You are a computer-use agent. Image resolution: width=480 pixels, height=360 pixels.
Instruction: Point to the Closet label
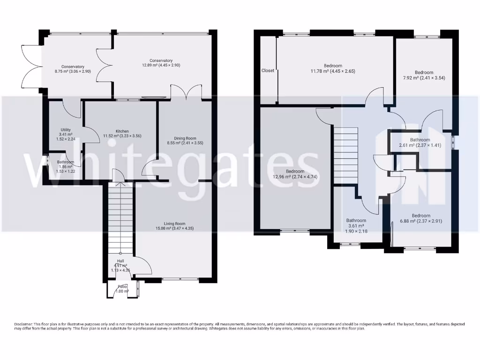(268, 71)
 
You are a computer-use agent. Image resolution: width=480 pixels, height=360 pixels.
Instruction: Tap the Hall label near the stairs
(120, 261)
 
